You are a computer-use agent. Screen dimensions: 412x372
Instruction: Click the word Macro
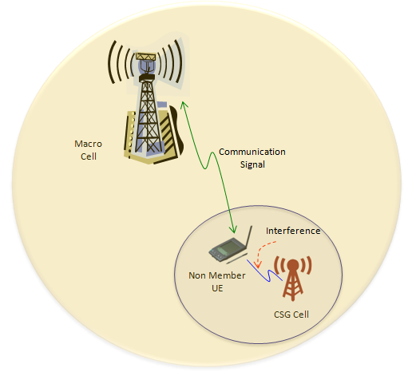(x=88, y=144)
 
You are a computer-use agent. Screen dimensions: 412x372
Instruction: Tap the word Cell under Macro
(x=89, y=156)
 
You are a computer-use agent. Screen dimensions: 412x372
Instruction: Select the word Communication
(x=252, y=152)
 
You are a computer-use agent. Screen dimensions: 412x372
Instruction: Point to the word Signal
(x=252, y=164)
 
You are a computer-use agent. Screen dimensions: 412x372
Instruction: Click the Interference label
(x=293, y=231)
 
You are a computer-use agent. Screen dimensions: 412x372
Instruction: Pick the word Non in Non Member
(x=197, y=275)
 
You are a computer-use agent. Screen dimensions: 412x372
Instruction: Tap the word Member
(x=227, y=275)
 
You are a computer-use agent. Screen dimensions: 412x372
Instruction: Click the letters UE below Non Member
(x=217, y=288)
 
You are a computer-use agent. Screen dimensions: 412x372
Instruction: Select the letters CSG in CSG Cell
(x=282, y=315)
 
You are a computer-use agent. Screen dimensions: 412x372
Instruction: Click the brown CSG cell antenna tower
(x=292, y=278)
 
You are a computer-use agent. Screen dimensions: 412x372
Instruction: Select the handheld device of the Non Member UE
(x=226, y=250)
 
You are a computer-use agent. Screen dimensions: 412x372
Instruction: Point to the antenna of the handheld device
(x=248, y=237)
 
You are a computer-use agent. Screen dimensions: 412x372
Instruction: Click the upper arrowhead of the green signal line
(x=184, y=105)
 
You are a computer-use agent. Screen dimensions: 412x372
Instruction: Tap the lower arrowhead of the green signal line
(x=233, y=229)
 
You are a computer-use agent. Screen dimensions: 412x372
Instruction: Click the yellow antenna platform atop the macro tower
(x=145, y=57)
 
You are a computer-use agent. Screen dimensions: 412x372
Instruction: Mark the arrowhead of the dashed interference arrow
(x=257, y=264)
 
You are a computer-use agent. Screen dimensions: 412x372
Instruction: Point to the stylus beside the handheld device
(x=237, y=259)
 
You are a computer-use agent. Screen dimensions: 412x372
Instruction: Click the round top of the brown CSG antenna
(x=293, y=265)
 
